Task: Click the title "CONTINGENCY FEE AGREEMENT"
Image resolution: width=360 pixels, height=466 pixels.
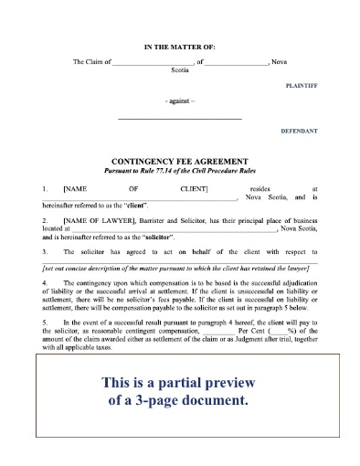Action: point(179,158)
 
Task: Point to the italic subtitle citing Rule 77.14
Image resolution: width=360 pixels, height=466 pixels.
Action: point(179,167)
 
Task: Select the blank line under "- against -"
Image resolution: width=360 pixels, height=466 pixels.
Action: point(180,120)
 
